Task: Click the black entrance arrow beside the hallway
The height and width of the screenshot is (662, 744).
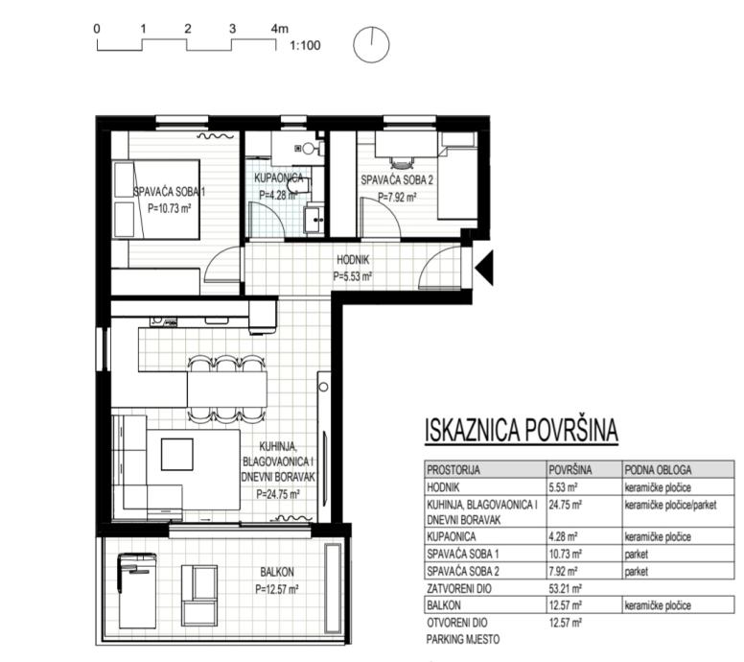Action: (485, 268)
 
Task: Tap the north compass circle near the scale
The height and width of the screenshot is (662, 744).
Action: (372, 45)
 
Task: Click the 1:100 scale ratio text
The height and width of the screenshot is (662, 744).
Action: (305, 46)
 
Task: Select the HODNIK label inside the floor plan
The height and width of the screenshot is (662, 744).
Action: (353, 260)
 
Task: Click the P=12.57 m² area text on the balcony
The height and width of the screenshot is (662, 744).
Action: (277, 589)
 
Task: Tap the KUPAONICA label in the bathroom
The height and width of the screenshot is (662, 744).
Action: (279, 178)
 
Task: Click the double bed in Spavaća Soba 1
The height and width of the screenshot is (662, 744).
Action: (155, 200)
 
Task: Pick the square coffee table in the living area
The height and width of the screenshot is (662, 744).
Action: (177, 455)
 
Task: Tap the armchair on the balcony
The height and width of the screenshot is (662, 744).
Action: (199, 596)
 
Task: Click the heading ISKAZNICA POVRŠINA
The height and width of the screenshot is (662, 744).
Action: (522, 430)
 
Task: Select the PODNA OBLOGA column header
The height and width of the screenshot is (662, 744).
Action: (658, 470)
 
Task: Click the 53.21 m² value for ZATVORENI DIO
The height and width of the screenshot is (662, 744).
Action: (565, 589)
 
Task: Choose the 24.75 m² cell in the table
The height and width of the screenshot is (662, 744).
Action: (565, 505)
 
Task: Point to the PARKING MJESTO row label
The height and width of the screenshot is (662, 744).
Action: (463, 640)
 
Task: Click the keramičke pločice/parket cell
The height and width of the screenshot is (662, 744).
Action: (670, 505)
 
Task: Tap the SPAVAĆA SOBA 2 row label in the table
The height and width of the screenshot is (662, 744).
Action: (463, 571)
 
